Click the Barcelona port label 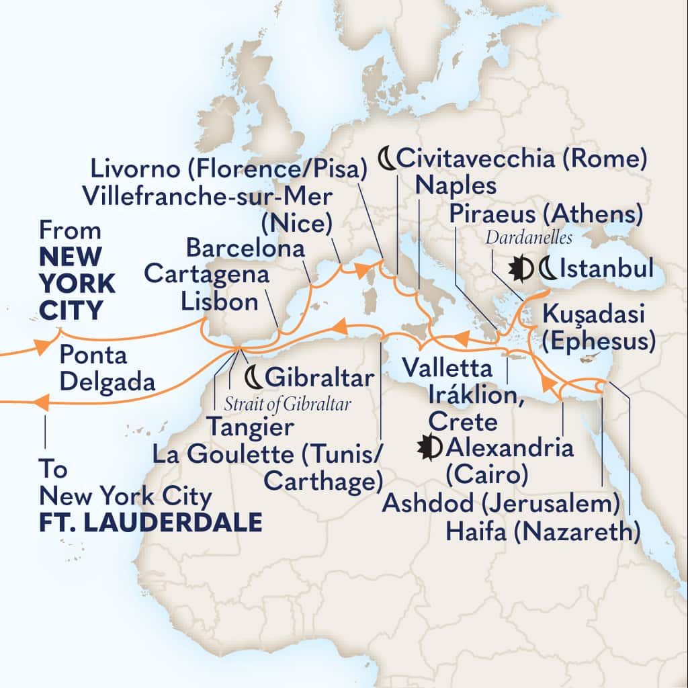pos(245,247)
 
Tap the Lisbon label pos(220,301)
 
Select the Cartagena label pos(207,274)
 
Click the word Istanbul pos(606,269)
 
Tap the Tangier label pos(250,426)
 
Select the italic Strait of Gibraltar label pos(284,404)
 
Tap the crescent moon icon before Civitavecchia pos(386,159)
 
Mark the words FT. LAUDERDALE pos(150,523)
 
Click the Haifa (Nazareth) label pos(542,533)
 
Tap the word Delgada pos(107,382)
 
